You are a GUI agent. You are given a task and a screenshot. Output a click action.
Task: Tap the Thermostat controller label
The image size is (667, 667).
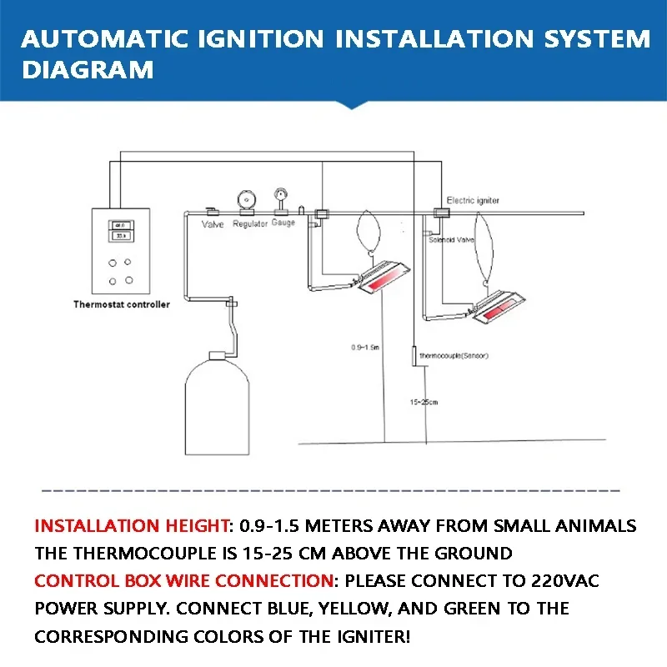122,305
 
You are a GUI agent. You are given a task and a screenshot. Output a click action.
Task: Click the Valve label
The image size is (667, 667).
213,224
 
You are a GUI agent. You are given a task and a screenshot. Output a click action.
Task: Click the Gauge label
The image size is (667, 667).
283,223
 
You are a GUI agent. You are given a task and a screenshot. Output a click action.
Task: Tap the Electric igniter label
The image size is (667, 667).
473,201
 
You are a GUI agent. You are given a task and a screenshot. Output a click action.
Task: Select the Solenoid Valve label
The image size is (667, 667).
451,239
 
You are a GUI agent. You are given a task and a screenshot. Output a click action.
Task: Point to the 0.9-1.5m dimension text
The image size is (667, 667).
364,347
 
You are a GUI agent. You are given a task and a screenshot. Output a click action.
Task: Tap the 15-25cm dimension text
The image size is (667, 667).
424,402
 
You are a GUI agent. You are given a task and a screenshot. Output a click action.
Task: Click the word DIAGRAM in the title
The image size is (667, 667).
88,70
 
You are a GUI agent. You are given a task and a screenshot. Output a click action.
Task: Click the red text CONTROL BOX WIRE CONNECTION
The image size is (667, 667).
183,581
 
